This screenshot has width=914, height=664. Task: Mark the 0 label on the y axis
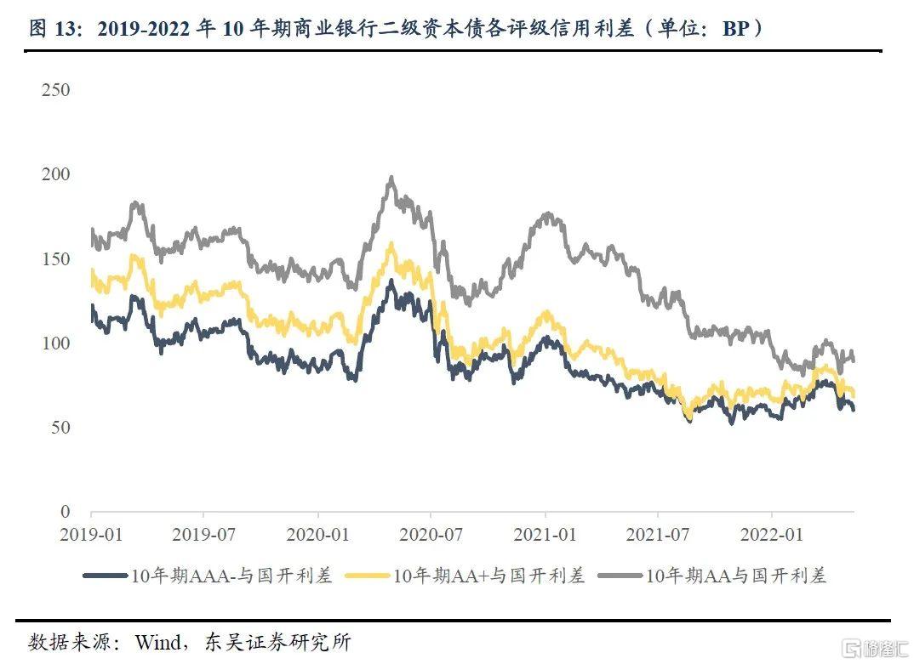(65, 511)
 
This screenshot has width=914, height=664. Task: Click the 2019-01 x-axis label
(91, 536)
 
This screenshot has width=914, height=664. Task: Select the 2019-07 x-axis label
(203, 536)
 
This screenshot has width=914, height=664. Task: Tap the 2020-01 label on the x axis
(317, 536)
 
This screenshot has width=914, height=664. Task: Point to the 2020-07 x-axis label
(431, 536)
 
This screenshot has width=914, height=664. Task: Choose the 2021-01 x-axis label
(545, 536)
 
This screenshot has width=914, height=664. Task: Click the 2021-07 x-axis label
(658, 536)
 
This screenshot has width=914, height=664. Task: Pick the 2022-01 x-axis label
(772, 536)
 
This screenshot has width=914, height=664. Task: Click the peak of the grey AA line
(391, 179)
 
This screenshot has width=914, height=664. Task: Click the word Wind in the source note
(157, 641)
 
